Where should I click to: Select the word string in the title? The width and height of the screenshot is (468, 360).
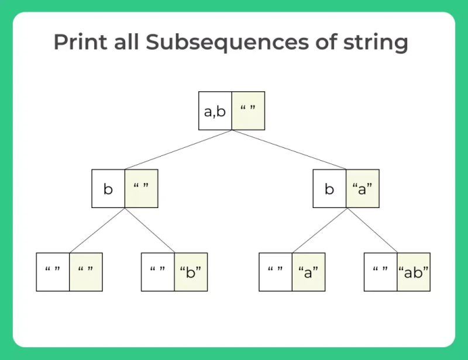(x=370, y=43)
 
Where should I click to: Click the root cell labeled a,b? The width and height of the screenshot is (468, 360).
(x=215, y=110)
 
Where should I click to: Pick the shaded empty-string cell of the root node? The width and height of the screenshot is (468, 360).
(x=248, y=110)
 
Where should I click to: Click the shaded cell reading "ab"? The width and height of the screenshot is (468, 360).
(x=414, y=272)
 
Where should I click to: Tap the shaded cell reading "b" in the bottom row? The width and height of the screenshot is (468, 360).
(x=191, y=272)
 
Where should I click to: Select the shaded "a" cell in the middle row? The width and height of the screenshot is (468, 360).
(x=363, y=189)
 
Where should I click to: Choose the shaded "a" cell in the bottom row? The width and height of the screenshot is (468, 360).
(x=308, y=272)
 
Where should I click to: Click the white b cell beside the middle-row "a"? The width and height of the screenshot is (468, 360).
(x=329, y=189)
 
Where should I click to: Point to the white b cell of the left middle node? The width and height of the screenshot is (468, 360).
(x=108, y=189)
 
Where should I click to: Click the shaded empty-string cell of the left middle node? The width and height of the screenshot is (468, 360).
(x=141, y=189)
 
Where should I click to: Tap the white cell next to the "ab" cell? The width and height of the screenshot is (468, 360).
(x=381, y=272)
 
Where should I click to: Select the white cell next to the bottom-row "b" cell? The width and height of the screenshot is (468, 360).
(x=158, y=272)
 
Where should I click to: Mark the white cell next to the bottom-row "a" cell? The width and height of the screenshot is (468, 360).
(x=276, y=272)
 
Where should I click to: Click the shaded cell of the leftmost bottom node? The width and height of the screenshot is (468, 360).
(x=86, y=272)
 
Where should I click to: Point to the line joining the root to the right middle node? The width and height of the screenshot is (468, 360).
(x=289, y=150)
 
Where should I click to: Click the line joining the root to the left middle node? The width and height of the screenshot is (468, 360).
(x=178, y=150)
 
